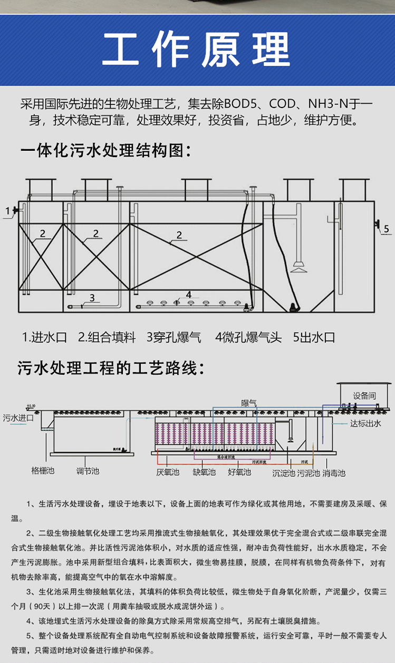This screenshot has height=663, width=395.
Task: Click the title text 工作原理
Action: point(196,50)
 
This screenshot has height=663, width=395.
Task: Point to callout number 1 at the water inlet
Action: point(7,211)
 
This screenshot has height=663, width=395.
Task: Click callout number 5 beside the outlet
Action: point(386,228)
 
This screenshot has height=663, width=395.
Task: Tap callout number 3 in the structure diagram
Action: point(92,298)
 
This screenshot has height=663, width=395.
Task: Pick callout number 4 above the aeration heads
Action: point(188,295)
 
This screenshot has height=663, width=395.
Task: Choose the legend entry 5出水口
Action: point(314,338)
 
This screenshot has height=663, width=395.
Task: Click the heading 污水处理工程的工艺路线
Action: point(110,368)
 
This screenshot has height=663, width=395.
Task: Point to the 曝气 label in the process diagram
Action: point(249,403)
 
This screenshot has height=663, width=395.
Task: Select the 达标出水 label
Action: point(365,422)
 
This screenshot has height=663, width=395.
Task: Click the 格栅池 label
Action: point(43,470)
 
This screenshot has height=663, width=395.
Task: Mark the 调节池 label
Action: point(88,470)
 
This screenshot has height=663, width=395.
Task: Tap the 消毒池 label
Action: point(334,473)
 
